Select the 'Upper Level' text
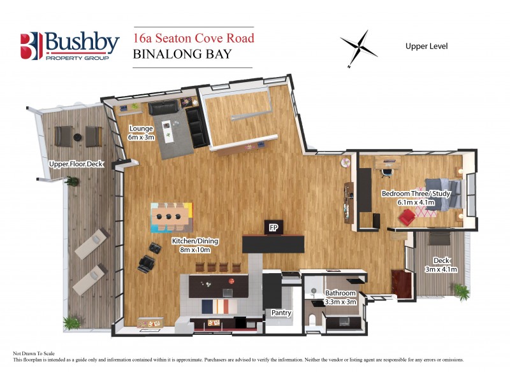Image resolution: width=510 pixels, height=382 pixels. click(426, 46)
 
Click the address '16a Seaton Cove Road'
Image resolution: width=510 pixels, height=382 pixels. click(193, 38)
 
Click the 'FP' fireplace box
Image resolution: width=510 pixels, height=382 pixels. click(274, 227)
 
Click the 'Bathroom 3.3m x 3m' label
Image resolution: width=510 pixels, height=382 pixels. click(340, 297)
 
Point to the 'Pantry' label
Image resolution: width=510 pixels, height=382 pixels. click(281, 313)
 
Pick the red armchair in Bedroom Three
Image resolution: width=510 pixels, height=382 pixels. click(407, 218)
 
